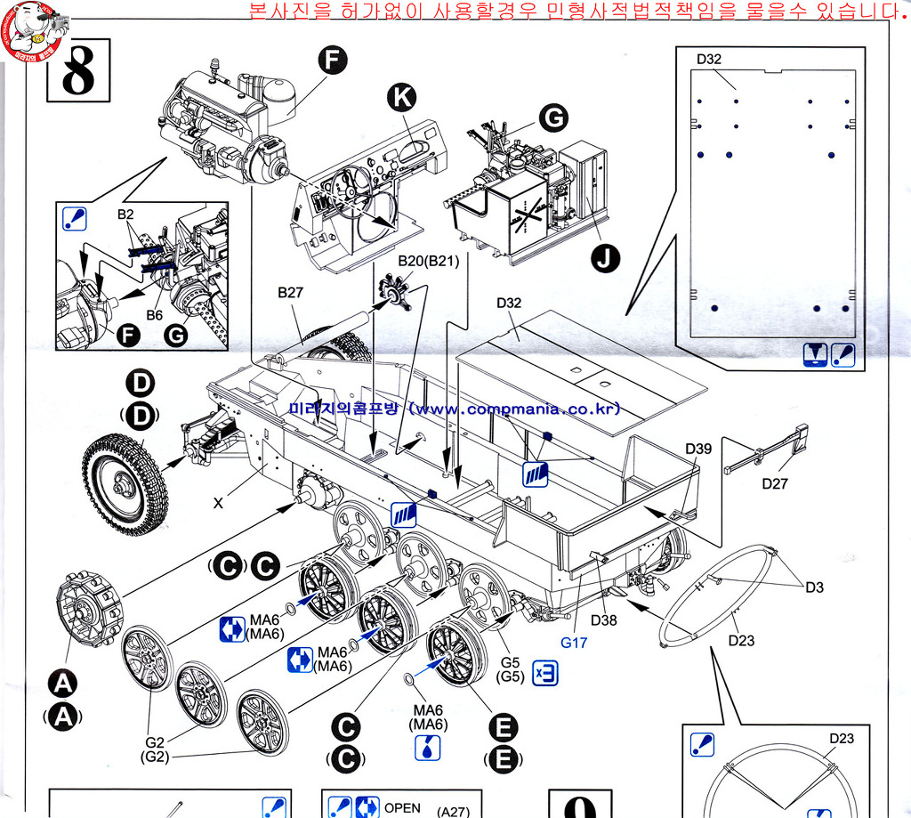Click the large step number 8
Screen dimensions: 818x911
coord(79,72)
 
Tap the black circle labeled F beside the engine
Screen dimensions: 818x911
coord(332,60)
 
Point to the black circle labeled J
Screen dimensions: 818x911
coord(605,259)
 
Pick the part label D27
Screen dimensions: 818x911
coord(776,483)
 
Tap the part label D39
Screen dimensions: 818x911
coord(698,449)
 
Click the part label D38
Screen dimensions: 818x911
coord(603,620)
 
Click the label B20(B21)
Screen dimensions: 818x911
coord(428,261)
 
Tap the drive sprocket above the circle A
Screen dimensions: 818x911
coord(87,609)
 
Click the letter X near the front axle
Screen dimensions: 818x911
coord(218,503)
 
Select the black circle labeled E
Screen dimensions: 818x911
coord(503,729)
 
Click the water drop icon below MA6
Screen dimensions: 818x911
coord(428,748)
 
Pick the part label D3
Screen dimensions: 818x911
coord(815,587)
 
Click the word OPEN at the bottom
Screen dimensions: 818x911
coord(401,808)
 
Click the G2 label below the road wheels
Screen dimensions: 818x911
coord(155,743)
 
